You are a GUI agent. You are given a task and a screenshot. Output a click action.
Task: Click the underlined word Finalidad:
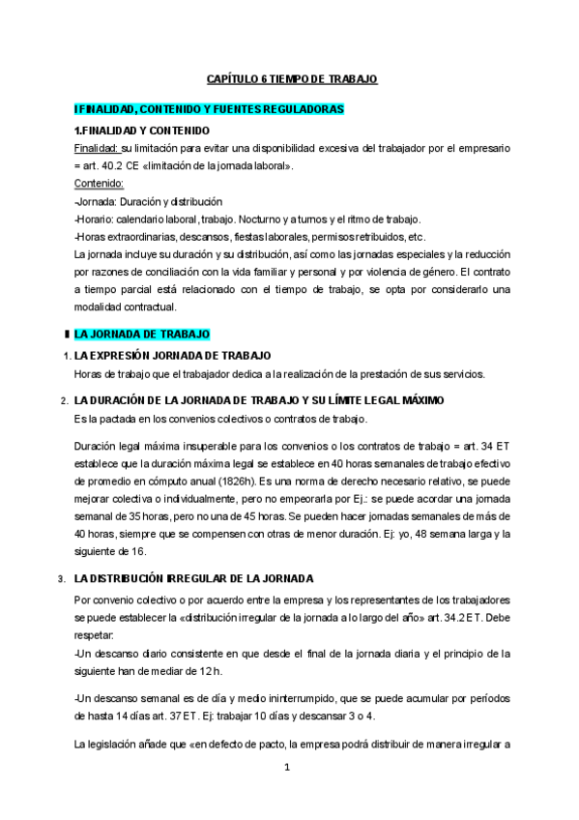(x=97, y=148)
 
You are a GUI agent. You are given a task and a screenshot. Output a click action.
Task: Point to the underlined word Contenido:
(x=99, y=183)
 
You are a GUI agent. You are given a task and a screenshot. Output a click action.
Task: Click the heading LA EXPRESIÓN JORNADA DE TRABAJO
(x=172, y=356)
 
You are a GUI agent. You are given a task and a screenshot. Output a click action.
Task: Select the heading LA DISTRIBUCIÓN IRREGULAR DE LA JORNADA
(x=192, y=578)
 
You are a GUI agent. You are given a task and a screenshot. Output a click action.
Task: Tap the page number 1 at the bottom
(x=287, y=769)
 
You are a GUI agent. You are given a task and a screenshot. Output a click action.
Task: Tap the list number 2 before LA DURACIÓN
(x=63, y=401)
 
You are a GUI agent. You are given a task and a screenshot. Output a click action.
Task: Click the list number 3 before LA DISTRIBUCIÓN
(x=63, y=579)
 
